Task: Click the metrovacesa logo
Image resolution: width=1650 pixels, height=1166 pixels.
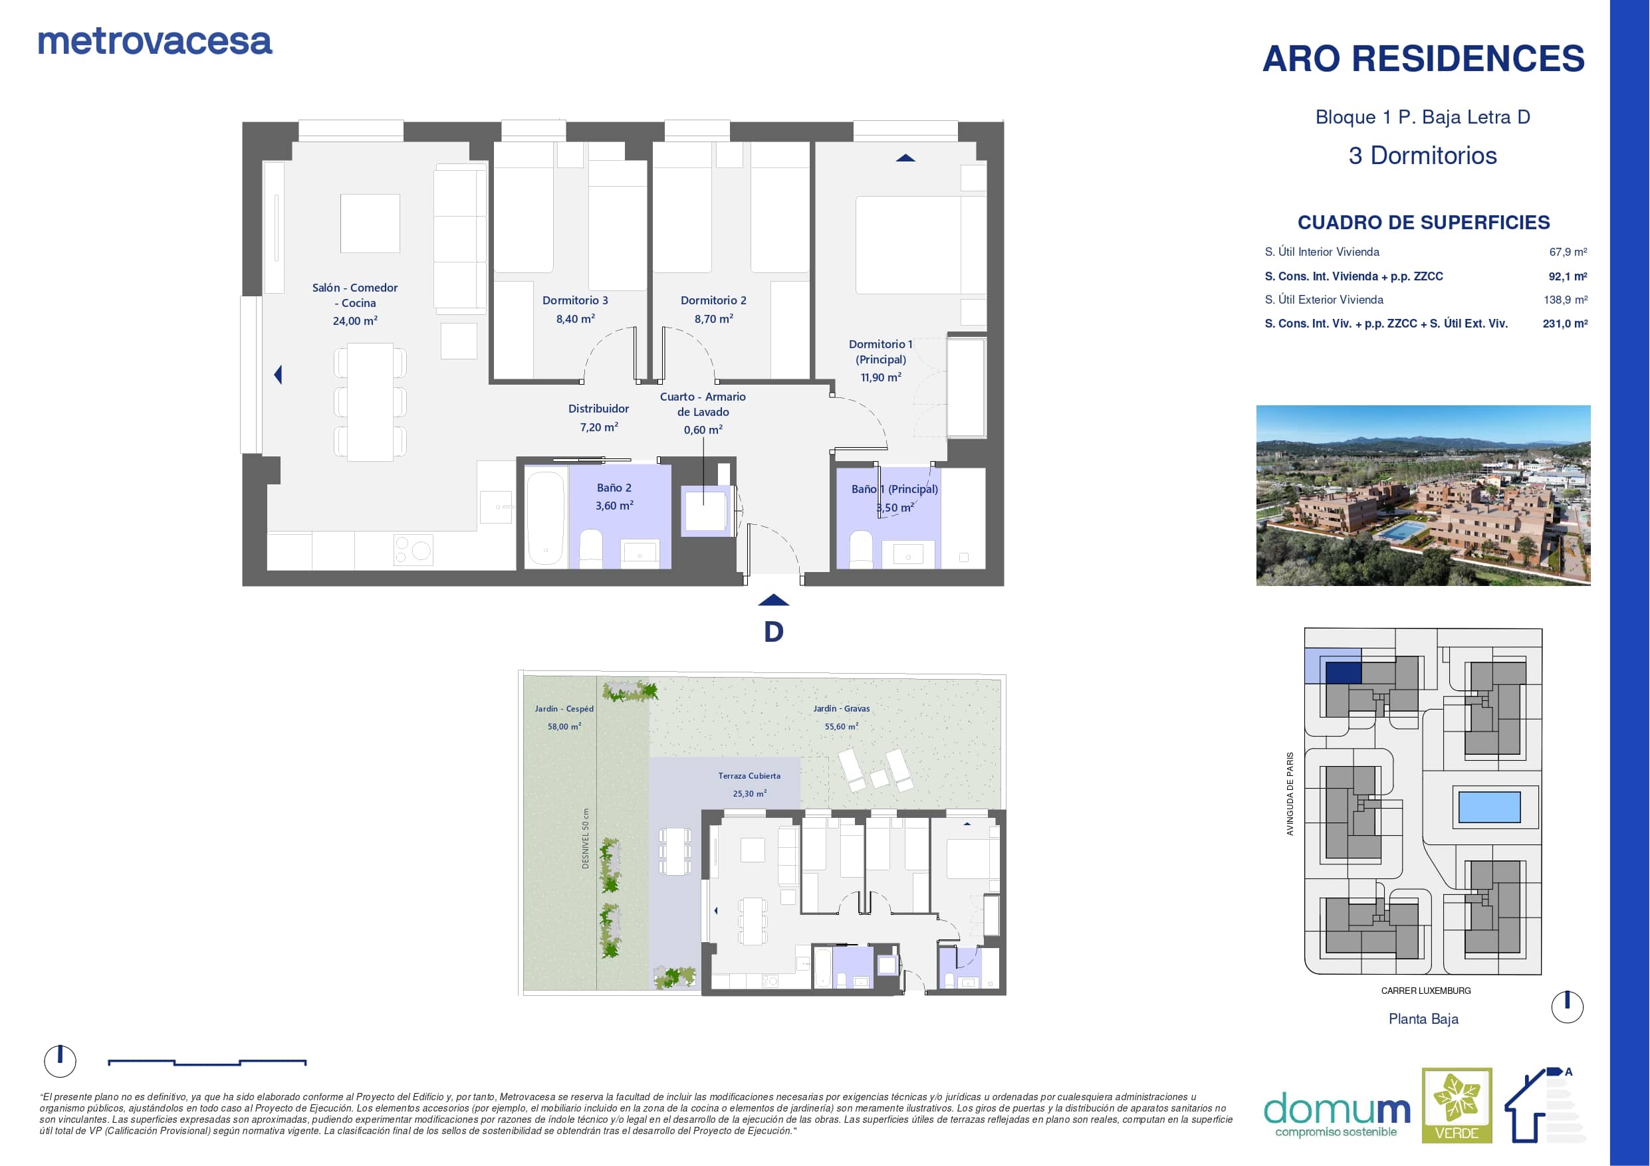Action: (155, 42)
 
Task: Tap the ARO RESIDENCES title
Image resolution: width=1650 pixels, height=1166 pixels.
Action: (1423, 58)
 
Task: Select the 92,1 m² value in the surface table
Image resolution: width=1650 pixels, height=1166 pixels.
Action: (1568, 276)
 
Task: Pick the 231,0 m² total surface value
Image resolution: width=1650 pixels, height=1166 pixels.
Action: (1564, 324)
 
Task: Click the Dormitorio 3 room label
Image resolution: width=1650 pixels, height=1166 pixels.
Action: (575, 300)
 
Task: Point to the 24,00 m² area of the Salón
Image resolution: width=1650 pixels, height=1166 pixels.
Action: (355, 320)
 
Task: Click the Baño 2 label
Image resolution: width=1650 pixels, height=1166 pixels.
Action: (614, 488)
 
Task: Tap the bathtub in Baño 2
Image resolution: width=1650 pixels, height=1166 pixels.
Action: (546, 516)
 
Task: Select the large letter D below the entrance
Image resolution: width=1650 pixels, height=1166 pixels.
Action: (773, 631)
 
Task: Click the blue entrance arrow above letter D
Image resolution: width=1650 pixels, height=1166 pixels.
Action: (773, 601)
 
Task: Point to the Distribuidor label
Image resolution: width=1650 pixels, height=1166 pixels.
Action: (598, 409)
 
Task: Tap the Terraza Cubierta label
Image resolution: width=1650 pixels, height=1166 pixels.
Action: (749, 776)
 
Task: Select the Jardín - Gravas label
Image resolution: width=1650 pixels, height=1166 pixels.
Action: (842, 708)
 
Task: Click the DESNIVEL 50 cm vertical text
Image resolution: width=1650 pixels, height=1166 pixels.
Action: (585, 838)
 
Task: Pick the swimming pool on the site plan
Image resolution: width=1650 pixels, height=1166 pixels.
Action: (1489, 807)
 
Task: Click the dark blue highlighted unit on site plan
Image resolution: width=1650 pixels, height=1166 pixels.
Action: (1343, 672)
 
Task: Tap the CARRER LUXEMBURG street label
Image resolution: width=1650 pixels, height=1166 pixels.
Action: (1426, 991)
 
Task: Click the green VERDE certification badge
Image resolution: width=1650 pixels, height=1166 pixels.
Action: (1457, 1105)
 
